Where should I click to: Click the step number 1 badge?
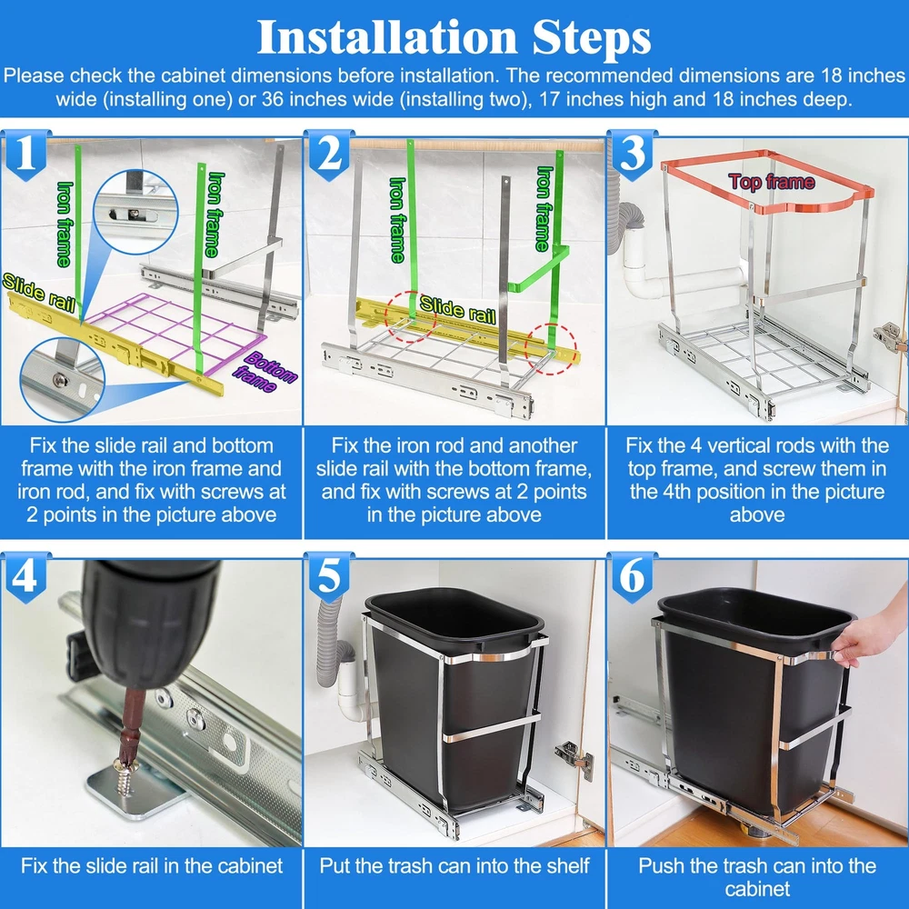25,155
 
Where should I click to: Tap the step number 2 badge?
330,155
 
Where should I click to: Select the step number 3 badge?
633,155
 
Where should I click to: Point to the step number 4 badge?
25,577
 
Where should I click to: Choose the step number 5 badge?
330,577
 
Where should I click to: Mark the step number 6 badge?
633,577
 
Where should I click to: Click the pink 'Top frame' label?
772,182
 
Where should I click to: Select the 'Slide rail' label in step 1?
38,292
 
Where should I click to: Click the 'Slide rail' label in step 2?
457,309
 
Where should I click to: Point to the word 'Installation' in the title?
386,37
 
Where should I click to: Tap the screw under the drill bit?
125,774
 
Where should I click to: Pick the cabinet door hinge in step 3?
891,337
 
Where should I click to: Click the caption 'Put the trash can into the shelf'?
454,865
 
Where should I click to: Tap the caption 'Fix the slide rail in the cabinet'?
151,865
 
